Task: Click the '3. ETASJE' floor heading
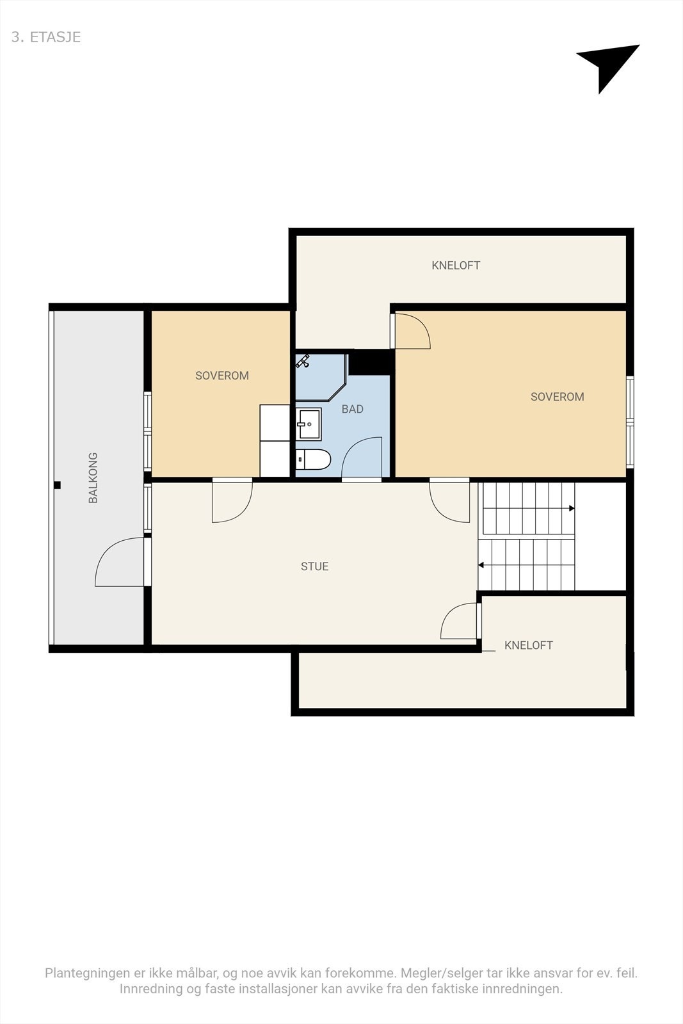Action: pyautogui.click(x=46, y=37)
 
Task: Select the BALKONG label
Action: pyautogui.click(x=93, y=477)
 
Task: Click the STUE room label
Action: pyautogui.click(x=314, y=566)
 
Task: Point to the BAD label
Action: pyautogui.click(x=352, y=409)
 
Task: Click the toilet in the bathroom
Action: pyautogui.click(x=313, y=460)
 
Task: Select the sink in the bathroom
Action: pyautogui.click(x=309, y=424)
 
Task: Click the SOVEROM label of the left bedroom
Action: pyautogui.click(x=221, y=376)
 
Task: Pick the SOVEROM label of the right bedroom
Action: pyautogui.click(x=557, y=397)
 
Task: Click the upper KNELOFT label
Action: pyautogui.click(x=456, y=266)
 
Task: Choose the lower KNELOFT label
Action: pyautogui.click(x=528, y=645)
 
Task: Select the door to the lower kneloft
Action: pyautogui.click(x=458, y=621)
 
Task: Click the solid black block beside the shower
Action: pyautogui.click(x=371, y=362)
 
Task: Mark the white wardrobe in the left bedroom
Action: pyautogui.click(x=275, y=440)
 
